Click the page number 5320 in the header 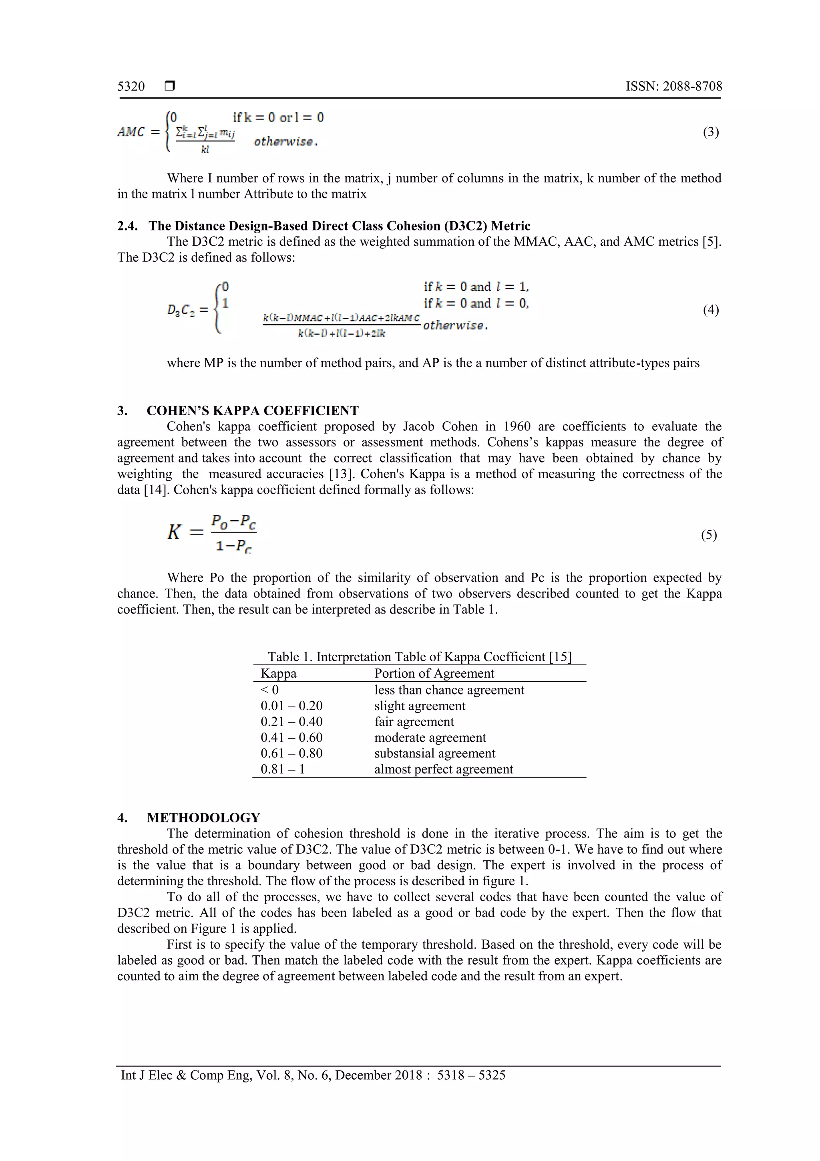pos(131,87)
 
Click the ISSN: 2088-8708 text pos(673,87)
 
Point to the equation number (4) pos(710,309)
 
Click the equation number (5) pos(708,535)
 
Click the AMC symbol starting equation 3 pos(131,132)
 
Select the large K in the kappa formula pos(174,532)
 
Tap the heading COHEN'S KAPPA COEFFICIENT pos(253,411)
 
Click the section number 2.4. pos(127,226)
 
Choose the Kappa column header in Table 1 pos(278,674)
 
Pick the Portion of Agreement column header pos(434,674)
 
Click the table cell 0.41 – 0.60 pos(291,737)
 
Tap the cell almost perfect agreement pos(443,769)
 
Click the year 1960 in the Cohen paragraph pos(517,426)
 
